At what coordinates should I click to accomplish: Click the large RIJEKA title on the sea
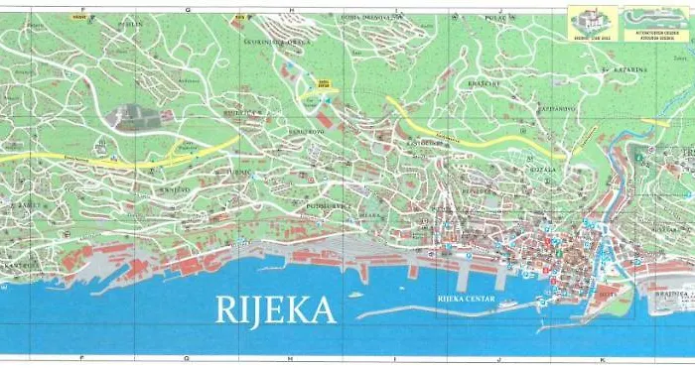277,309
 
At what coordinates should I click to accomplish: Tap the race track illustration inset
648,22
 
